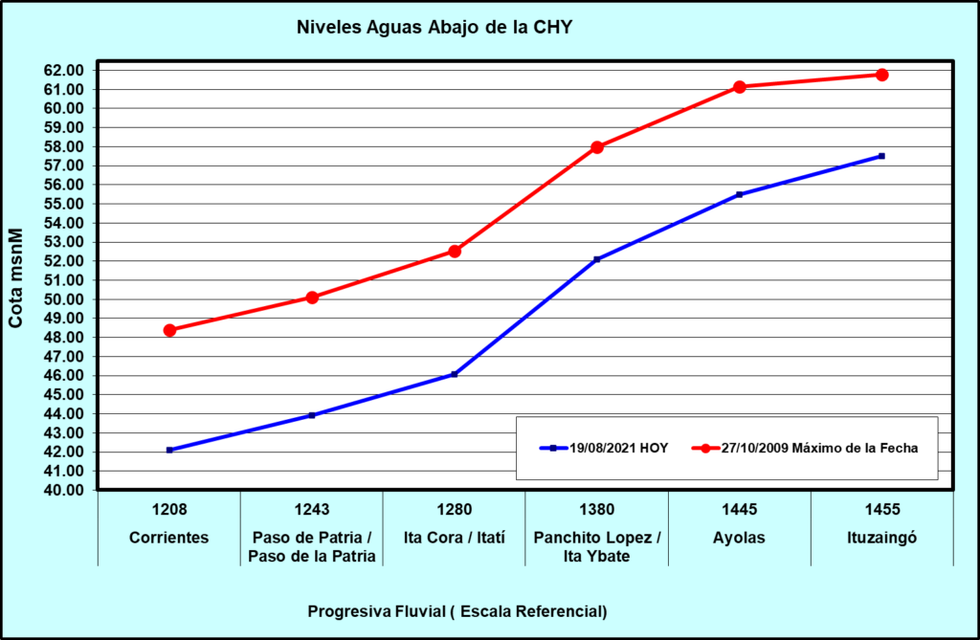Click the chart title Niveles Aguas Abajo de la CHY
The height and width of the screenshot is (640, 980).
pyautogui.click(x=434, y=27)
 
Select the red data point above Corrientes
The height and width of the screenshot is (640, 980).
pyautogui.click(x=169, y=330)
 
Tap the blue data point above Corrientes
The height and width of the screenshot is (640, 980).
pyautogui.click(x=169, y=450)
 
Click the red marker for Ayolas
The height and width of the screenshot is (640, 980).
pyautogui.click(x=740, y=87)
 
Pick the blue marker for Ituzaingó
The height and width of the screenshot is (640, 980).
pyautogui.click(x=881, y=156)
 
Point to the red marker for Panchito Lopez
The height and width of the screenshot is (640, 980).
pyautogui.click(x=597, y=147)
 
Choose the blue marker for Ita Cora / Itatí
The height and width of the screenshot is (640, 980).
pyautogui.click(x=455, y=374)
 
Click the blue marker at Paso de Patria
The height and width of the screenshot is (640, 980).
pyautogui.click(x=312, y=415)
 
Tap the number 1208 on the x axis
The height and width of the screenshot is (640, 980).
pyautogui.click(x=169, y=510)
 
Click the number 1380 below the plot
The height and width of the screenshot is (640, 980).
pyautogui.click(x=597, y=510)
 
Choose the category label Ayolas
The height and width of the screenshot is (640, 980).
pyautogui.click(x=740, y=538)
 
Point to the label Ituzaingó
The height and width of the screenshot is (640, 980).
pyautogui.click(x=881, y=538)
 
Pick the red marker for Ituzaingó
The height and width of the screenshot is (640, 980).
pyautogui.click(x=881, y=75)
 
